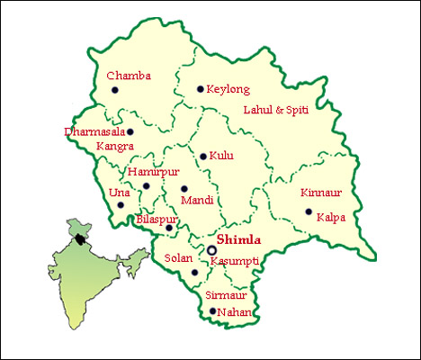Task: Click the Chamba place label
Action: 129,76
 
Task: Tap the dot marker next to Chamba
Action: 114,90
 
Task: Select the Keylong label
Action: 228,90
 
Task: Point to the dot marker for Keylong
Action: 200,89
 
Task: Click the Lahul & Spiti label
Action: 281,111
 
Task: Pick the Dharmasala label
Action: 94,131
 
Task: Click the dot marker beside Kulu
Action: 203,157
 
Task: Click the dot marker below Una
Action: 121,205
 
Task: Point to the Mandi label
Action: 196,201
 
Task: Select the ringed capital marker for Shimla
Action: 211,249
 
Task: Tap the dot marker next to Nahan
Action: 212,312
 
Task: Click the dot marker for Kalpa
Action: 309,212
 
